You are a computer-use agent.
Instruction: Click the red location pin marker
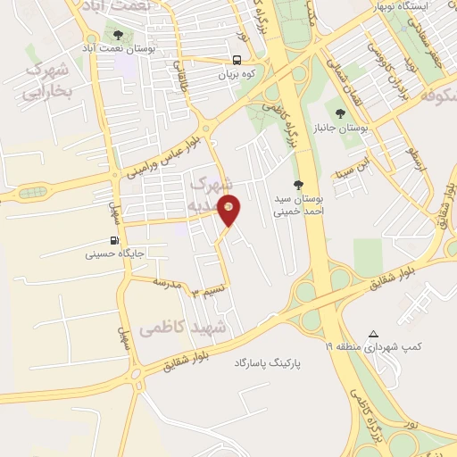(230, 210)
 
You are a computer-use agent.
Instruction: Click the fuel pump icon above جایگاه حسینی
(113, 240)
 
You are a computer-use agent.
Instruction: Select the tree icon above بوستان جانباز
(339, 113)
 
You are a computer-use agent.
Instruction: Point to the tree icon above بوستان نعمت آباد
(119, 35)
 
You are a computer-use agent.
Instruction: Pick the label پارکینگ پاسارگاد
(270, 364)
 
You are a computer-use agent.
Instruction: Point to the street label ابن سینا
(349, 167)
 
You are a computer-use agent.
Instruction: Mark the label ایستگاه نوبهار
(421, 7)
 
